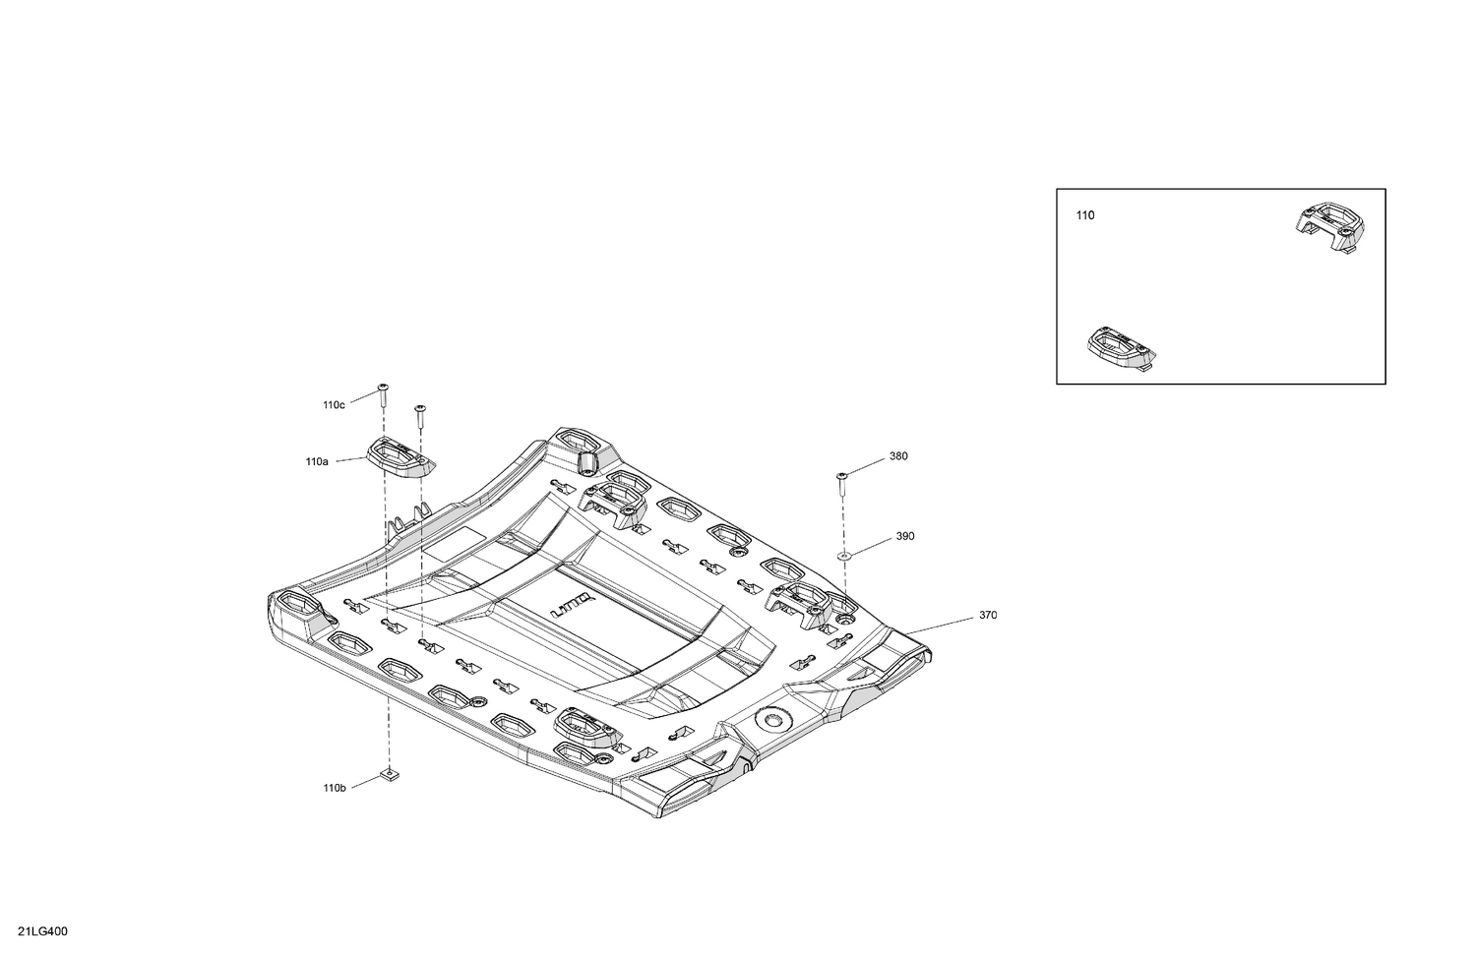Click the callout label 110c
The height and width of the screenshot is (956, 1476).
point(335,405)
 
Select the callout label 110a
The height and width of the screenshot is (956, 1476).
point(316,462)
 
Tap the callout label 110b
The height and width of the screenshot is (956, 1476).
point(335,788)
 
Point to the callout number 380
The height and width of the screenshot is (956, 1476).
point(898,456)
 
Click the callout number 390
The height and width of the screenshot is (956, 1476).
point(905,537)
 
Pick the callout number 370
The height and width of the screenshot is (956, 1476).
point(988,615)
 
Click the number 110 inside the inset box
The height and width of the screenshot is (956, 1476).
point(1085,215)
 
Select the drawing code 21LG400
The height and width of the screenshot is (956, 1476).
point(43,931)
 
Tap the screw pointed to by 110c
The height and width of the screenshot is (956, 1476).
point(382,395)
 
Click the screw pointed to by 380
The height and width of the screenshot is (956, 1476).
point(841,486)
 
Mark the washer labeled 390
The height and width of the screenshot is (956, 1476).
point(844,557)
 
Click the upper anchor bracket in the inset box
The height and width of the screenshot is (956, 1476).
point(1330,228)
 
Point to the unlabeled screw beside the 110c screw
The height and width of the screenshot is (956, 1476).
point(419,416)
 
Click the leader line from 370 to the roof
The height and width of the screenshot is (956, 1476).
point(939,627)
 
